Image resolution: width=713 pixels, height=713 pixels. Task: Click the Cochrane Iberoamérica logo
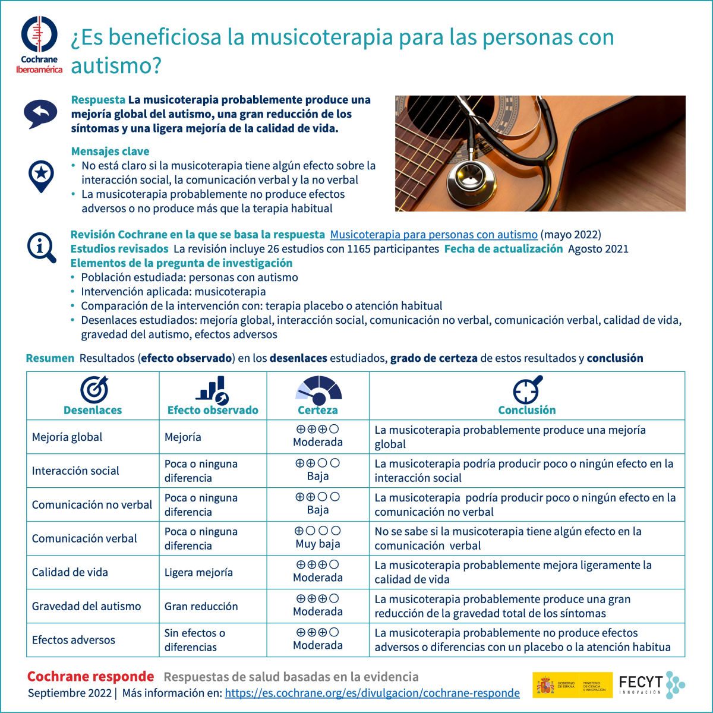pyautogui.click(x=39, y=45)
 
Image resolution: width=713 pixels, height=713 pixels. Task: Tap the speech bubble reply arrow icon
pyautogui.click(x=40, y=113)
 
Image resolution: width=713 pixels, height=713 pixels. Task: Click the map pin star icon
pyautogui.click(x=41, y=176)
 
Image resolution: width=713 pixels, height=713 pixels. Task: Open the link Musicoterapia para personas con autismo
pyautogui.click(x=434, y=235)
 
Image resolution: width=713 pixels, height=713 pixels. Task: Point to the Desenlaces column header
pyautogui.click(x=93, y=410)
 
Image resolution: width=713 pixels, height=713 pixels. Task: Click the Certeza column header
pyautogui.click(x=318, y=410)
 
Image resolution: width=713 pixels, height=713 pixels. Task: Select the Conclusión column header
pyautogui.click(x=527, y=410)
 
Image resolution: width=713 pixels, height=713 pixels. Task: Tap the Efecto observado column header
pyautogui.click(x=213, y=410)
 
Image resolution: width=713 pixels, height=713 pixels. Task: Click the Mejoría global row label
pyautogui.click(x=67, y=437)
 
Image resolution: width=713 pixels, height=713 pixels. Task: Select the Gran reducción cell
pyautogui.click(x=201, y=607)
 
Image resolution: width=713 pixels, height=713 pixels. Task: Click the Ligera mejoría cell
pyautogui.click(x=198, y=573)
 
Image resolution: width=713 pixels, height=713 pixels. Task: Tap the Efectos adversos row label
pyautogui.click(x=74, y=641)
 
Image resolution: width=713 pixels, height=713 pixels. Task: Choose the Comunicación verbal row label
pyautogui.click(x=84, y=539)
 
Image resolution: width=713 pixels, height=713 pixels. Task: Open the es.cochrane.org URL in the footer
pyautogui.click(x=372, y=693)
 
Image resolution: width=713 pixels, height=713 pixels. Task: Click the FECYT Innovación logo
pyautogui.click(x=651, y=685)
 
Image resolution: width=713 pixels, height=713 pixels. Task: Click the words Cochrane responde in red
pyautogui.click(x=91, y=677)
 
